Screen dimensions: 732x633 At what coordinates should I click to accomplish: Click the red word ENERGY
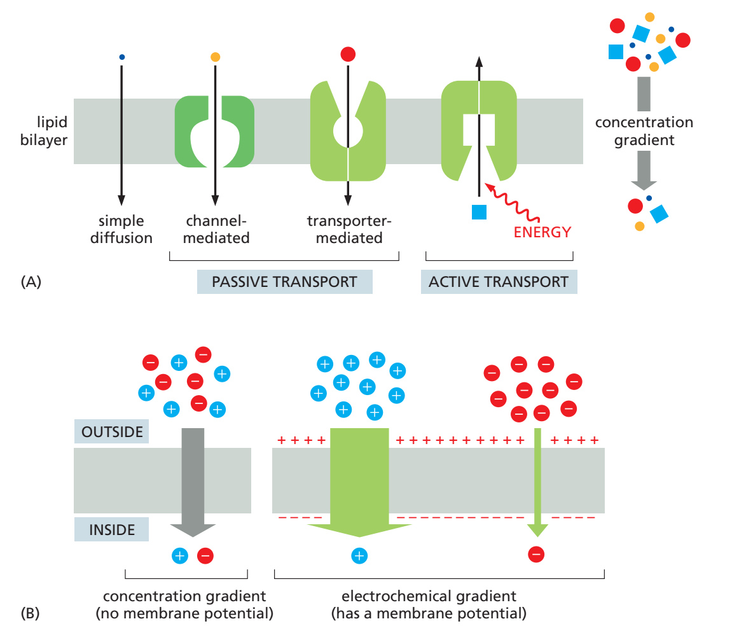click(542, 232)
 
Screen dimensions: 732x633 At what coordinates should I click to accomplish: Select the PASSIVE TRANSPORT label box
click(285, 282)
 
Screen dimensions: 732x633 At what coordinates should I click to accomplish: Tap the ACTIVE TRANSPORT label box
click(499, 282)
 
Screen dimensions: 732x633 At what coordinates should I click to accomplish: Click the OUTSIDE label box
click(111, 431)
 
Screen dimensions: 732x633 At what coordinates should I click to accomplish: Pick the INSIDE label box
click(111, 529)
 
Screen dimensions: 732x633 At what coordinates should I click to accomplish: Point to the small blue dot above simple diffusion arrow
click(122, 57)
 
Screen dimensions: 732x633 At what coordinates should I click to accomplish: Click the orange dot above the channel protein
click(215, 57)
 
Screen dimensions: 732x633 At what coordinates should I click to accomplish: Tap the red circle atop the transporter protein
click(348, 54)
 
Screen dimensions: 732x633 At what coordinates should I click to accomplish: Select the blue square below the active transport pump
click(479, 212)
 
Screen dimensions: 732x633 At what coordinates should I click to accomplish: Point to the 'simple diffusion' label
click(121, 230)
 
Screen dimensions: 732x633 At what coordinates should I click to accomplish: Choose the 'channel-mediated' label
click(216, 230)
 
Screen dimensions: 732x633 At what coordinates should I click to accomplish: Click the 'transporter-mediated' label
click(349, 230)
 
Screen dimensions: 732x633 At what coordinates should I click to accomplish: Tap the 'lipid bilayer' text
click(44, 131)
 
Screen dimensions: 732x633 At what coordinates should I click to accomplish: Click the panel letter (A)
click(31, 282)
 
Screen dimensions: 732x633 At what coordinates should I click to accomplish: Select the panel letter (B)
click(31, 613)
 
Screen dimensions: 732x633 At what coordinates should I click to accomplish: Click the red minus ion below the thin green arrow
click(536, 555)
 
